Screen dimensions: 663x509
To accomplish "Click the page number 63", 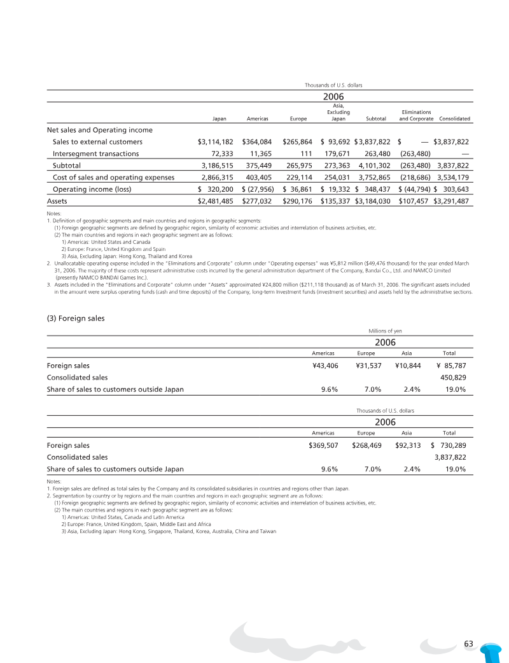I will point(470,643).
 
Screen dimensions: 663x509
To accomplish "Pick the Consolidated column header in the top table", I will point(454,118).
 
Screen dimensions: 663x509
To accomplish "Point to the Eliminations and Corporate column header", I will point(416,115).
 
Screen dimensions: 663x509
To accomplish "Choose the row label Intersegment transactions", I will point(95,153).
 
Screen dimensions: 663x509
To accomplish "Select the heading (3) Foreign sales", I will point(76,318).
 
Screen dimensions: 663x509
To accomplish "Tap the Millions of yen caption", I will point(385,331).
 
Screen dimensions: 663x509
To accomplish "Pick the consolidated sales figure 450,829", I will point(453,377).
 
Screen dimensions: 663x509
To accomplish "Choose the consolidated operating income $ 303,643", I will point(451,189).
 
